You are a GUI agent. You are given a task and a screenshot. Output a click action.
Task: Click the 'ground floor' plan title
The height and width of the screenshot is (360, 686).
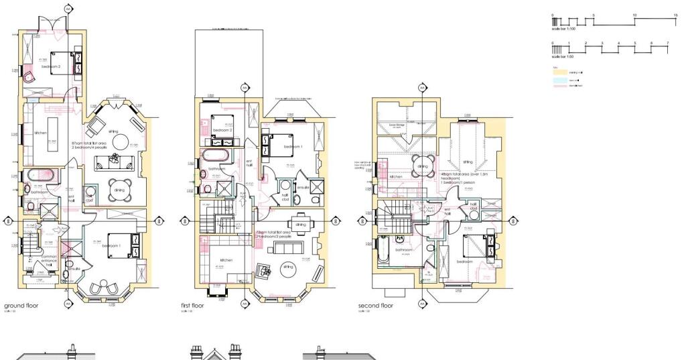21,306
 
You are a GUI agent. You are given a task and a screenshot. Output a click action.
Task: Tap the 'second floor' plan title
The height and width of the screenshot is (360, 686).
376,306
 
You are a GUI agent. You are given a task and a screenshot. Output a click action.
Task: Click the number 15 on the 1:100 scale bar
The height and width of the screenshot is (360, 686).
675,15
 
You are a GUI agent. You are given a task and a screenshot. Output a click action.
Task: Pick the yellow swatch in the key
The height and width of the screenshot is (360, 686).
558,72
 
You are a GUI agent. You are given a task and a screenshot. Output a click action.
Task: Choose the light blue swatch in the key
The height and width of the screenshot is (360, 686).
558,80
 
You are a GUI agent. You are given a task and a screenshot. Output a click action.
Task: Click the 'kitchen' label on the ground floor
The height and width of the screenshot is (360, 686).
40,133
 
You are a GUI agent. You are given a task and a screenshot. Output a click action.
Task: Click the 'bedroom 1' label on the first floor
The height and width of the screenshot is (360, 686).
293,146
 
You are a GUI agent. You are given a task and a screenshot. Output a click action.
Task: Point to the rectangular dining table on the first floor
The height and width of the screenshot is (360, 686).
299,224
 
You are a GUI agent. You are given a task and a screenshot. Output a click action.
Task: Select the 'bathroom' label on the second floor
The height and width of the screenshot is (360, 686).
403,251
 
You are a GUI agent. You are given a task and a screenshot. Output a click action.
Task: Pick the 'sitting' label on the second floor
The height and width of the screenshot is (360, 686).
467,162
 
